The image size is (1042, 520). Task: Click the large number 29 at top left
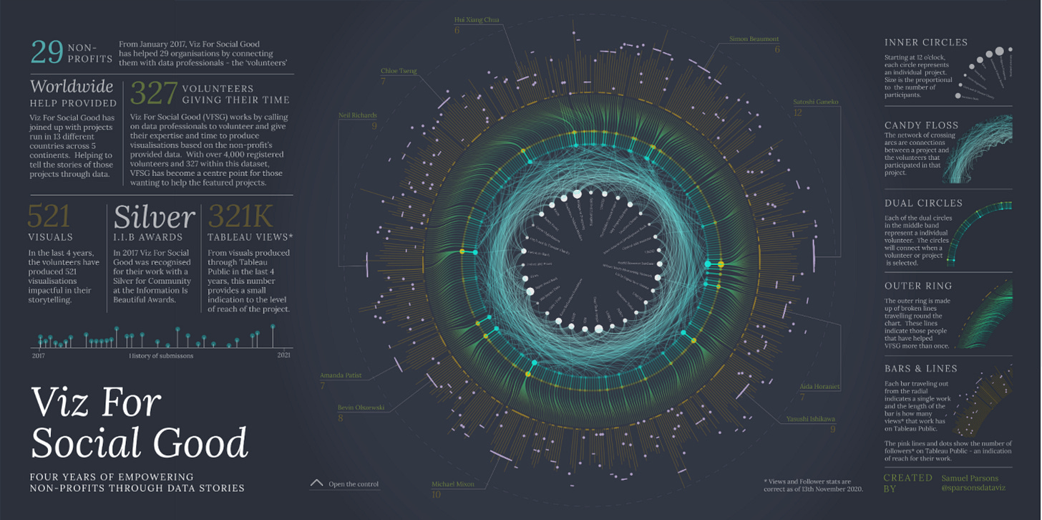[x=47, y=53]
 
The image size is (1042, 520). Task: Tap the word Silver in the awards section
[x=154, y=216]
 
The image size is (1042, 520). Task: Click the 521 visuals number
[x=49, y=216]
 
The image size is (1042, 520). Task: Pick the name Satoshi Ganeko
[x=817, y=102]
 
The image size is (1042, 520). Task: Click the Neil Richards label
[x=358, y=115]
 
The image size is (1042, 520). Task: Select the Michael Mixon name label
[x=452, y=484]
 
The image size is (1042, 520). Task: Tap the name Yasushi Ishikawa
[x=811, y=419]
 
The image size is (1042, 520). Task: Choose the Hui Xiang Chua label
[x=477, y=20]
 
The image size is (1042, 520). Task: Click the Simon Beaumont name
[x=754, y=39]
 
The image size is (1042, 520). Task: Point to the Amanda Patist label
[x=341, y=375]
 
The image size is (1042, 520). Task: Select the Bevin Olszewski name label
[x=361, y=408]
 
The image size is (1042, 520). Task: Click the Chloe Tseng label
[x=399, y=71]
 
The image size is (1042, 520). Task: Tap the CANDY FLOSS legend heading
[x=921, y=125]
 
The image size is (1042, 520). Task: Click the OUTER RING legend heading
[x=918, y=286]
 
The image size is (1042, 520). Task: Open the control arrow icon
[x=317, y=483]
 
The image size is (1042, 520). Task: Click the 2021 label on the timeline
[x=284, y=355]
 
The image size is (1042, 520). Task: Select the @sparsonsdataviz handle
[x=974, y=488]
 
